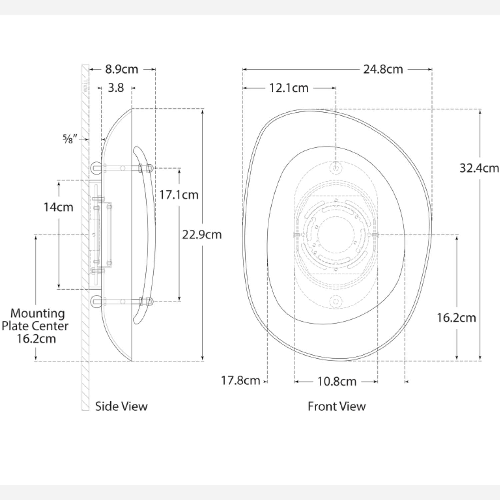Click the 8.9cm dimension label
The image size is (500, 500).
coord(121,69)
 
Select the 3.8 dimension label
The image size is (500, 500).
coord(116,88)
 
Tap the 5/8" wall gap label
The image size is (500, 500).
coord(70,139)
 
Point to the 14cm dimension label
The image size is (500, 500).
coord(58,207)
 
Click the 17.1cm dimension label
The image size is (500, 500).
coord(179,195)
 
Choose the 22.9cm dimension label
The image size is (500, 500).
coord(202,235)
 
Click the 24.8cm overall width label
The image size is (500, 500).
coord(383,69)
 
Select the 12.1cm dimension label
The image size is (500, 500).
coord(289,88)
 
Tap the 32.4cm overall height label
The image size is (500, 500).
coord(479,168)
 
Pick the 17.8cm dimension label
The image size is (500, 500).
coord(241,380)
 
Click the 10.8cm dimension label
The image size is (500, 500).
coord(337,381)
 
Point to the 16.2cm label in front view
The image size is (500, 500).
coord(456,318)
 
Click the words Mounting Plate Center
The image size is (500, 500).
coord(35,320)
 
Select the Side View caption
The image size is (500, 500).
coord(121,406)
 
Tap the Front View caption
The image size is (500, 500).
coord(337,406)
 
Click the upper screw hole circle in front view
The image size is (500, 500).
coord(336,167)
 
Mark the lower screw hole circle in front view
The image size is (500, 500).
coord(336,302)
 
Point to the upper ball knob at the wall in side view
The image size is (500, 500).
coord(96,168)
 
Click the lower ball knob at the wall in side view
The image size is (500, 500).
coord(96,302)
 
